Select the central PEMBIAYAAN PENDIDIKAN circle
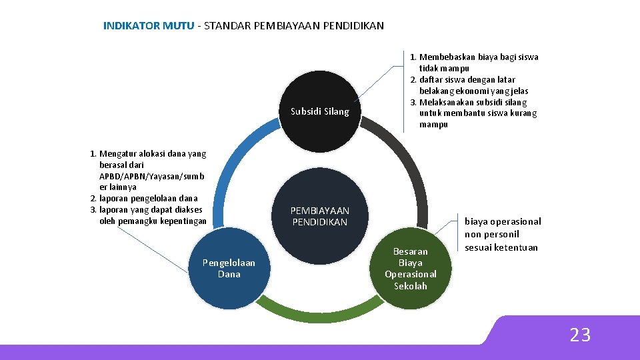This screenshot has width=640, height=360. (x=319, y=217)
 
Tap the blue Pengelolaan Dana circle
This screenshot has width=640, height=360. (x=229, y=269)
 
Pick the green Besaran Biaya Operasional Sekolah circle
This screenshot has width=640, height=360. (x=411, y=269)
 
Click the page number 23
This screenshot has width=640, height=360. (x=580, y=335)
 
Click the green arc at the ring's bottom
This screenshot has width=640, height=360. (x=319, y=309)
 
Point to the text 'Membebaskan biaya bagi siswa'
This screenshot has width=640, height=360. (x=479, y=57)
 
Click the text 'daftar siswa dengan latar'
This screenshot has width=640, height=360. (x=467, y=80)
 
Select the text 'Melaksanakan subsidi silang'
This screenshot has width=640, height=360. (x=473, y=103)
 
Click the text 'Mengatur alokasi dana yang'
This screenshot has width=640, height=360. (x=153, y=154)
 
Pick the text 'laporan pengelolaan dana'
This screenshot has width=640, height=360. (x=148, y=199)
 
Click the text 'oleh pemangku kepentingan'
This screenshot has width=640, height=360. (x=153, y=221)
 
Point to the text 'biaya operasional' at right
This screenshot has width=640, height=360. (x=503, y=221)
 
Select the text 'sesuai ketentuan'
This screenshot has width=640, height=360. (x=501, y=247)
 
